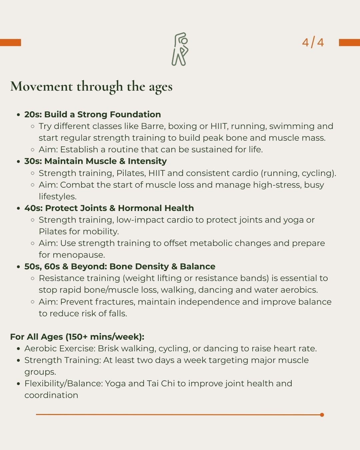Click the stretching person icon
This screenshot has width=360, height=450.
coord(180,49)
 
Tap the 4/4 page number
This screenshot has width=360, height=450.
coord(313,43)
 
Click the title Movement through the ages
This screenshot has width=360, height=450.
coord(91,86)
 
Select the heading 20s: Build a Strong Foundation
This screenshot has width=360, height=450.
coord(92,114)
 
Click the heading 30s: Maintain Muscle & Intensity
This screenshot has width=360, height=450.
coord(95,161)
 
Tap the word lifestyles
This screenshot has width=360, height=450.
coord(57,196)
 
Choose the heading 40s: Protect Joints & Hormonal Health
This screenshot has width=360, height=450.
coord(109,208)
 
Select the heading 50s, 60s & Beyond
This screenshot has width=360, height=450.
coord(120,266)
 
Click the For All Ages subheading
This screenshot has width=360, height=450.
coord(77,337)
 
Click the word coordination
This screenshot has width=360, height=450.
coord(51,395)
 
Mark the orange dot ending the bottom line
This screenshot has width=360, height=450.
coord(322,415)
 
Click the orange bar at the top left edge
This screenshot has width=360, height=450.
coord(10,43)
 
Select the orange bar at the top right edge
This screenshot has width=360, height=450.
coord(349,43)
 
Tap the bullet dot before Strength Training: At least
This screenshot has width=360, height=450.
coord(19,360)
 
